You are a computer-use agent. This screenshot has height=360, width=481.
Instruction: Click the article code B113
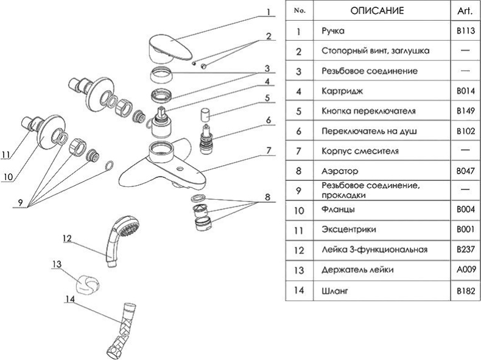tap(462, 31)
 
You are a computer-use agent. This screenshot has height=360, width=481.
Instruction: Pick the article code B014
tap(462, 91)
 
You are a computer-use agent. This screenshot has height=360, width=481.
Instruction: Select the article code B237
tap(462, 250)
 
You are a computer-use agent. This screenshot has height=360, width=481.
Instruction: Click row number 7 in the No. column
tap(298, 150)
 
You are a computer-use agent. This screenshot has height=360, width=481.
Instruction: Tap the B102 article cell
tap(462, 130)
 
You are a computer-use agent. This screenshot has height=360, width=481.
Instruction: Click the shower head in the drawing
tap(122, 235)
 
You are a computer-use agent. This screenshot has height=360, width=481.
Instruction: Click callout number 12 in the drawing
tap(67, 238)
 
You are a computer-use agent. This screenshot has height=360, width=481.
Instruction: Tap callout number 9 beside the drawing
tap(21, 203)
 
